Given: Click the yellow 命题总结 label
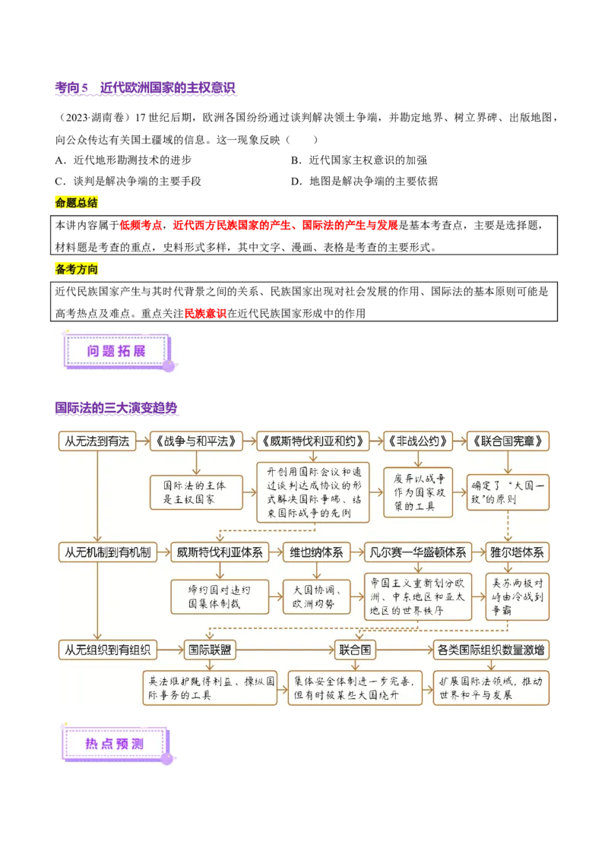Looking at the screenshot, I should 78,203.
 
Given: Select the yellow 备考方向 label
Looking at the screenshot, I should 78,270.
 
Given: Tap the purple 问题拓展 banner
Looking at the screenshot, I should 117,350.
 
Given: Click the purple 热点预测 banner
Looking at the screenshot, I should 115,744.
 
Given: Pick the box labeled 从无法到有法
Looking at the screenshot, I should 97,441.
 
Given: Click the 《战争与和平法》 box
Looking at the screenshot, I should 196,441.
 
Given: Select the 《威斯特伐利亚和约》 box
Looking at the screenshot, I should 313,441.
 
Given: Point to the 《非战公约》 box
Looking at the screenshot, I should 418,441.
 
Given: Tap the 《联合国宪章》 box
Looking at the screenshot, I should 508,441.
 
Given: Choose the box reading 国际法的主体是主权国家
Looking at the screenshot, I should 196,492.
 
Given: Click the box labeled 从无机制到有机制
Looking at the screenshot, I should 107,552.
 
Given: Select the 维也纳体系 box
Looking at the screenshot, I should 316,552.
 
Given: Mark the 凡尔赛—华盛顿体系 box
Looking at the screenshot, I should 417,552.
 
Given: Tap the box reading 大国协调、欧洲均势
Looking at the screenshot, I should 316,597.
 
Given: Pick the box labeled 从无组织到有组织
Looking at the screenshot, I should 107,650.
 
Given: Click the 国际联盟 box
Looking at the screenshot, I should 208,650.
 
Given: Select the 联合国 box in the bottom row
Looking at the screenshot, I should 355,650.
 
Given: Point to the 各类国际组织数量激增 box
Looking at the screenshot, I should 491,650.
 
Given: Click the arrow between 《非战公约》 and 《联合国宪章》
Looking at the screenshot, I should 460,441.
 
